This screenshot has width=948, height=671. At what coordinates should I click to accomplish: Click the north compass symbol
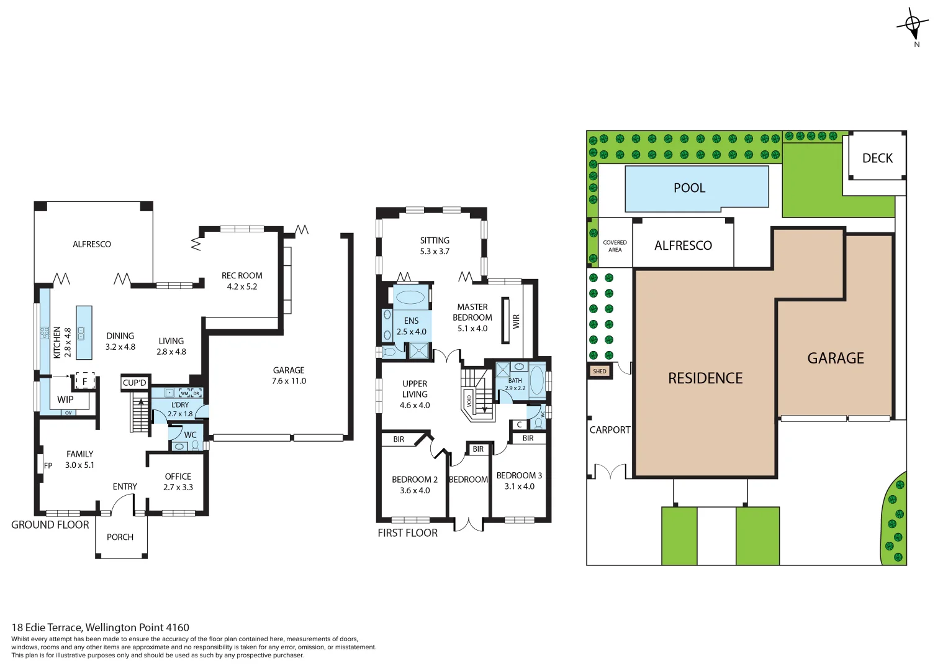(912, 25)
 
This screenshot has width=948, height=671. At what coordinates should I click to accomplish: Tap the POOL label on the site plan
(689, 188)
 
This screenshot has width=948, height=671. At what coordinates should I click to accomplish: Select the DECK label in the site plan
(877, 158)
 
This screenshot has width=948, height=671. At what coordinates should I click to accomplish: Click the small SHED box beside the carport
(600, 372)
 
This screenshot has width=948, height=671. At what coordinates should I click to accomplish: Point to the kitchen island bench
(84, 332)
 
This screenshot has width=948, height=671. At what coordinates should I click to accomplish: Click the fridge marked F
(85, 381)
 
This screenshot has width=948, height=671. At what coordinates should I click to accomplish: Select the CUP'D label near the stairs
(135, 383)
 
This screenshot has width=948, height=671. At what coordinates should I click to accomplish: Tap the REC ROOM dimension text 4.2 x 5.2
(242, 286)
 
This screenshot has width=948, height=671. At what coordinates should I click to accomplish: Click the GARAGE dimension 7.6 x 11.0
(289, 381)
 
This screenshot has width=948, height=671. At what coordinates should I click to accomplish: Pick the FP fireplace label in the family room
(48, 465)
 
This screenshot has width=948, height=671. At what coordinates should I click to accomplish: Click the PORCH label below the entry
(120, 537)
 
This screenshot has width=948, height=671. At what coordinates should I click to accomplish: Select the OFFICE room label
(178, 477)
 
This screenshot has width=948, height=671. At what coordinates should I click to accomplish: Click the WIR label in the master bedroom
(516, 321)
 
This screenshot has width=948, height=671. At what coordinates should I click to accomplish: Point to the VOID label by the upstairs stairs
(469, 400)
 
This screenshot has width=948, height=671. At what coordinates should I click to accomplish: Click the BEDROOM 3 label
(519, 475)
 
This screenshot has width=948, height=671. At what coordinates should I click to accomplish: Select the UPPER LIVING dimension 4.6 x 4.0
(415, 405)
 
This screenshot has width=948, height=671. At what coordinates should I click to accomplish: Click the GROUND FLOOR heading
(50, 524)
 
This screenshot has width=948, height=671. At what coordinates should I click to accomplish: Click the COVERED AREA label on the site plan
(615, 246)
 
